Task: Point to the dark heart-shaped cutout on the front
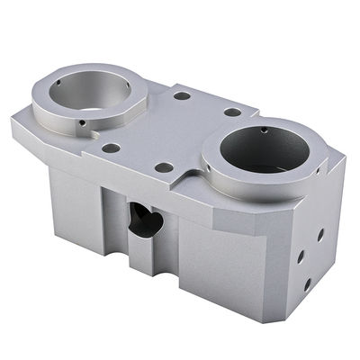click(x=145, y=219)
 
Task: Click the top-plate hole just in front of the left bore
click(x=112, y=148)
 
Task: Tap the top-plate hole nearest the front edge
click(x=163, y=166)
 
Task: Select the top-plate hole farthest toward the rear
click(x=181, y=94)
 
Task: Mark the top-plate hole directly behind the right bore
click(x=232, y=112)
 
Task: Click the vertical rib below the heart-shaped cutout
click(x=140, y=256)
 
